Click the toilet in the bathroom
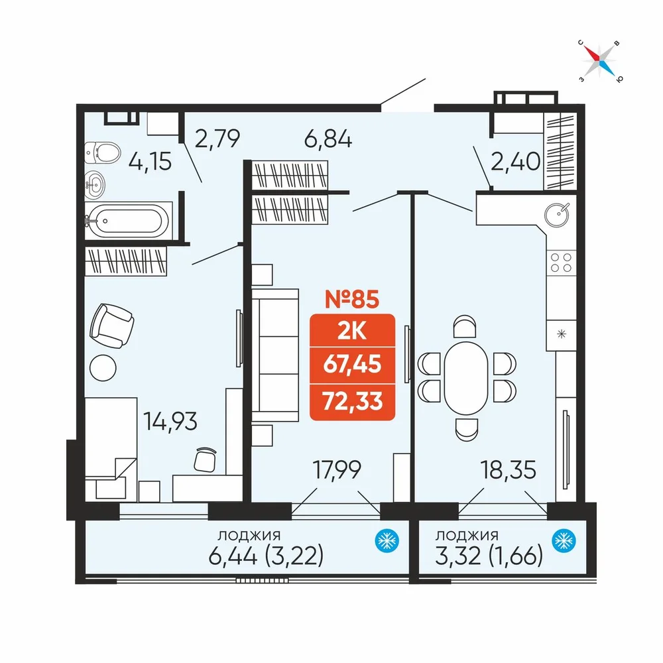[102, 152]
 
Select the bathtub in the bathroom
[128, 220]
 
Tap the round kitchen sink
[556, 214]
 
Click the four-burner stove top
[561, 263]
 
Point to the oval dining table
[466, 378]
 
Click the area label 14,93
[170, 421]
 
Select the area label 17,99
[337, 469]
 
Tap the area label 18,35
[509, 470]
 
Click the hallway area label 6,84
[328, 139]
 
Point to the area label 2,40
[515, 161]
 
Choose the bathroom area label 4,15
[150, 161]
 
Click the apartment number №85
[352, 299]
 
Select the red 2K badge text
[352, 331]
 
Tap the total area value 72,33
[353, 401]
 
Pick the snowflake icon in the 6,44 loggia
[387, 540]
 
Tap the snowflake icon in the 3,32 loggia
[564, 540]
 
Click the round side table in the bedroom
[103, 367]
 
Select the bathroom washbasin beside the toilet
[95, 185]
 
